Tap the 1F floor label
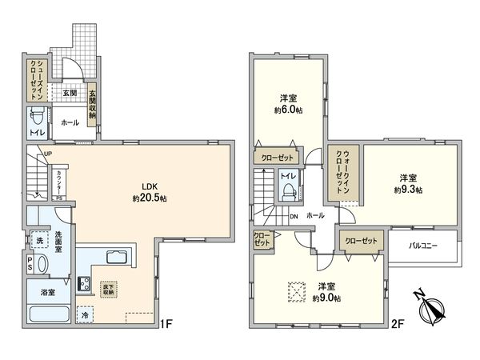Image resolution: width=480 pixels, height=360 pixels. point(166,324)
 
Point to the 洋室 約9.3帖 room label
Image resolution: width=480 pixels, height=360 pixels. point(407,183)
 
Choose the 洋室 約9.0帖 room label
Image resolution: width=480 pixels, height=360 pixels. point(326,292)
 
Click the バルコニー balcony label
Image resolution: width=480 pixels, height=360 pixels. point(424,246)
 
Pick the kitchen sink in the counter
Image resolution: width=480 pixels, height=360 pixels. point(113,258)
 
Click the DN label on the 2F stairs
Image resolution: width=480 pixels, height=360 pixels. point(294,216)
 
